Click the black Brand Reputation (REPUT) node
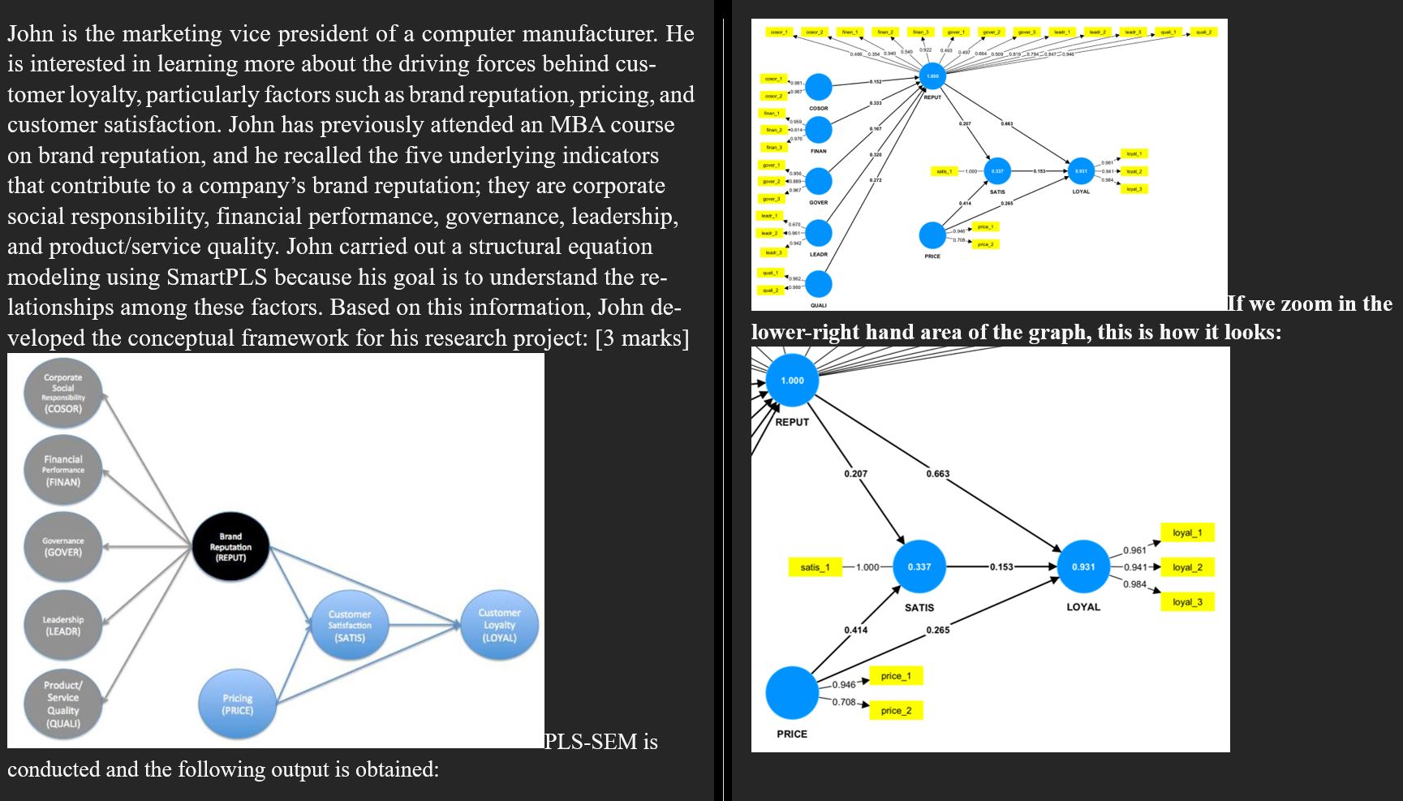tap(230, 547)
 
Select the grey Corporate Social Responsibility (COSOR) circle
tap(63, 394)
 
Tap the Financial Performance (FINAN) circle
tap(63, 471)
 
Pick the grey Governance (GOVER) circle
tap(63, 546)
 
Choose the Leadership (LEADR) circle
tap(63, 625)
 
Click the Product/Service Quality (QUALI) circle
tap(63, 704)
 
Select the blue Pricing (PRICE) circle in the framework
tap(238, 704)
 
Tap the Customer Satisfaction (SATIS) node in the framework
tap(350, 626)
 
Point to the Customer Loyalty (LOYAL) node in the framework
tap(499, 625)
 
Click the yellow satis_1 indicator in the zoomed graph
tap(815, 567)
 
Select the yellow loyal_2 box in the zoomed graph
tap(1187, 567)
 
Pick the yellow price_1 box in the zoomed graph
tap(896, 676)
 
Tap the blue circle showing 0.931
tap(1083, 566)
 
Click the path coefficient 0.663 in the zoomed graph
tap(938, 474)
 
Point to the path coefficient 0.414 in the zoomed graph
tap(855, 630)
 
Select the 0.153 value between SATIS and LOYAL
tap(1001, 566)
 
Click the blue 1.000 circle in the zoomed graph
tap(792, 381)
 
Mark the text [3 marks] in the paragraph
tap(642, 338)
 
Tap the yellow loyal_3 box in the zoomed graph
tap(1187, 602)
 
